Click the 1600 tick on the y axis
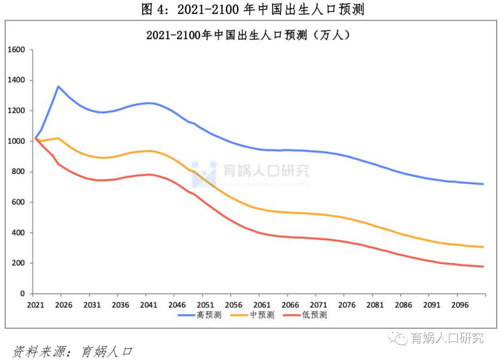(x=17, y=50)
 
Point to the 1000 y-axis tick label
(x=17, y=141)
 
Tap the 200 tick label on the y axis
(x=19, y=263)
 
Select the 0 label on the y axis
(x=22, y=294)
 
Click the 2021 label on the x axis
(x=35, y=305)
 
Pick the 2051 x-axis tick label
(x=205, y=305)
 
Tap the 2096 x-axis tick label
(x=457, y=305)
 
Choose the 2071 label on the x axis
(x=318, y=305)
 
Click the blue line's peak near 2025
(x=58, y=86)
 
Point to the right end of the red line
(x=483, y=267)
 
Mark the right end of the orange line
(x=483, y=247)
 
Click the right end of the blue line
(x=483, y=184)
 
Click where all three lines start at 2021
(x=36, y=138)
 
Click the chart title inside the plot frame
(x=250, y=35)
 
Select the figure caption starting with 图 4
(x=252, y=9)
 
